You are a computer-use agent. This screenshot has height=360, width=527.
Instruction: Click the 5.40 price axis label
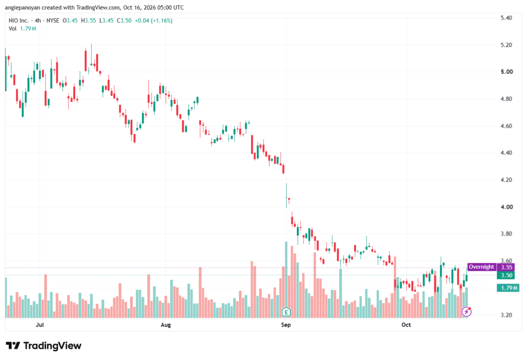pos(506,18)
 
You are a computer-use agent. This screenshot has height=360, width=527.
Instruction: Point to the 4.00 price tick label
pos(506,207)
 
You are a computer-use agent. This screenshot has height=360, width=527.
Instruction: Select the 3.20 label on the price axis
pos(506,315)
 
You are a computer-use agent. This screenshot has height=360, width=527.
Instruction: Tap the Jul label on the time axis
pos(40,324)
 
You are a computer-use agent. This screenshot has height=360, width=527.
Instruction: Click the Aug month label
pos(166,324)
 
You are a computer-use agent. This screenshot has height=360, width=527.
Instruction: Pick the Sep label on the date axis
pos(286,324)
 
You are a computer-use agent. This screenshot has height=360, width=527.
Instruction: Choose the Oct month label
pos(406,324)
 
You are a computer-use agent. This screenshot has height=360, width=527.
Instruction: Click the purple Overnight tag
pos(481,267)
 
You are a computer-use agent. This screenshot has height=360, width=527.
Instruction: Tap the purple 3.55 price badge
pos(506,267)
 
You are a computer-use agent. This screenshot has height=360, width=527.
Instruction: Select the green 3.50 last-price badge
pos(506,275)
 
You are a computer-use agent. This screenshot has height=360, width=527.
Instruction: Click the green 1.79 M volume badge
pos(508,288)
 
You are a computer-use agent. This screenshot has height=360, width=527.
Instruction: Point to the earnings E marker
pos(286,312)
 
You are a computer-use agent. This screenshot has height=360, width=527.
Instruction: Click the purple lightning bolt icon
pos(466,312)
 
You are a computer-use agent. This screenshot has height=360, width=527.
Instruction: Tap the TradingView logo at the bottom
pos(44,346)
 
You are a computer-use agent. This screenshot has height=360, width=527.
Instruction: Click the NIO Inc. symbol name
pos(19,21)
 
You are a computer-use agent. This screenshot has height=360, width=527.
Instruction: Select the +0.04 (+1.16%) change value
pos(153,21)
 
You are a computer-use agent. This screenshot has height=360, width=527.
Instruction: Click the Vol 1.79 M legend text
pos(23,29)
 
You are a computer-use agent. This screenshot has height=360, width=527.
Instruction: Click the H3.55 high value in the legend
pos(89,21)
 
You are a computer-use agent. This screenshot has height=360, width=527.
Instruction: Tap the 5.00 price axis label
pos(506,72)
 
